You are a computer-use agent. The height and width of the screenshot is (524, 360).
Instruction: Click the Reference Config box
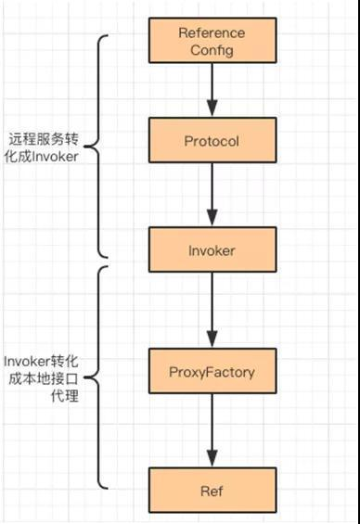(212, 41)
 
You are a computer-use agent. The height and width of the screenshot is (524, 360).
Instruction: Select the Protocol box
(212, 142)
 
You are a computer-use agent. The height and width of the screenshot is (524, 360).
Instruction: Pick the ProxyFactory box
(212, 373)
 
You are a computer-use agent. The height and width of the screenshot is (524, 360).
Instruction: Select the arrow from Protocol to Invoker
(212, 195)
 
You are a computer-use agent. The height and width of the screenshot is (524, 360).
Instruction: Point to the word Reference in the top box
(212, 32)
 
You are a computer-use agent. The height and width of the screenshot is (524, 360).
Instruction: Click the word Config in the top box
(212, 49)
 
